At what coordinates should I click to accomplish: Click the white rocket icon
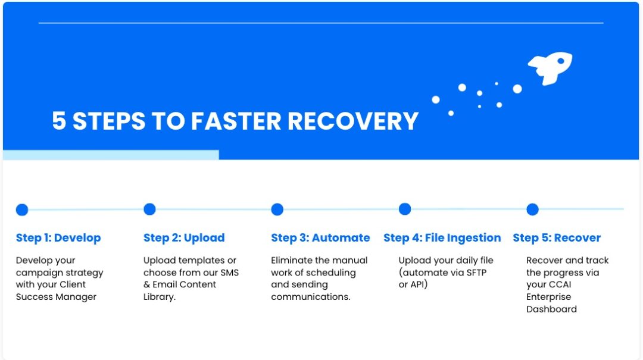(550, 67)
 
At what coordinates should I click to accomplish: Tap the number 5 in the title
(58, 121)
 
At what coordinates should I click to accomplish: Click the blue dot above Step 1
(22, 209)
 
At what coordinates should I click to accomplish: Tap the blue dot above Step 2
(149, 209)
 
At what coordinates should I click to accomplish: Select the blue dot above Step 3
(277, 209)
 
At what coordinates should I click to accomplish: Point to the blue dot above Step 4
(405, 209)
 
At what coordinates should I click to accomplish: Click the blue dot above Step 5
(532, 209)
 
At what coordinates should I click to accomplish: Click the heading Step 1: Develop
(58, 238)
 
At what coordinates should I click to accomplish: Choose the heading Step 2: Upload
(184, 238)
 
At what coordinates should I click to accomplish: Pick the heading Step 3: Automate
(320, 238)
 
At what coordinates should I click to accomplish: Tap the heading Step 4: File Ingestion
(442, 238)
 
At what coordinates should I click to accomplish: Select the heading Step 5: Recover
(557, 238)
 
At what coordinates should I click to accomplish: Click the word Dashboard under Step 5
(551, 309)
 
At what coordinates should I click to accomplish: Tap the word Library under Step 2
(159, 297)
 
